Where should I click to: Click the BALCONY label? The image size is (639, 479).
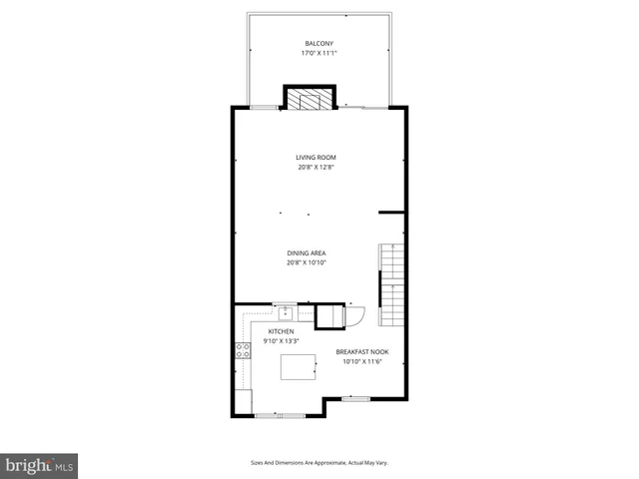point(319,43)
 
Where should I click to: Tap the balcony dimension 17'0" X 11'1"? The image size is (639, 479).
point(319,53)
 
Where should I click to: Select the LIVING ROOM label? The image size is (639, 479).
point(316,158)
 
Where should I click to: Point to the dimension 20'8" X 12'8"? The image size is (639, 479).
point(316,168)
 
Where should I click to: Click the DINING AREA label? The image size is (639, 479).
point(307,252)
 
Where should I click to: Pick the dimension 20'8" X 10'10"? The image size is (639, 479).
point(307,262)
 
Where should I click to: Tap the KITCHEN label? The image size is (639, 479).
point(281,331)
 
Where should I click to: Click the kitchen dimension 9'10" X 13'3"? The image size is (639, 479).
point(281,341)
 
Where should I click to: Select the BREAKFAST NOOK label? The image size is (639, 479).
point(362,351)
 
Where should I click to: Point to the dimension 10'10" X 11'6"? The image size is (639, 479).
point(362,361)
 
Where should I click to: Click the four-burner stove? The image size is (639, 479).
point(241,349)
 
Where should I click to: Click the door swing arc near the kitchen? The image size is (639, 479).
point(356,315)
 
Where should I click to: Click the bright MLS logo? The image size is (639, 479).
point(40,465)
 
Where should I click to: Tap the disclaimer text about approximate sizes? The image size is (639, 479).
point(319,463)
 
